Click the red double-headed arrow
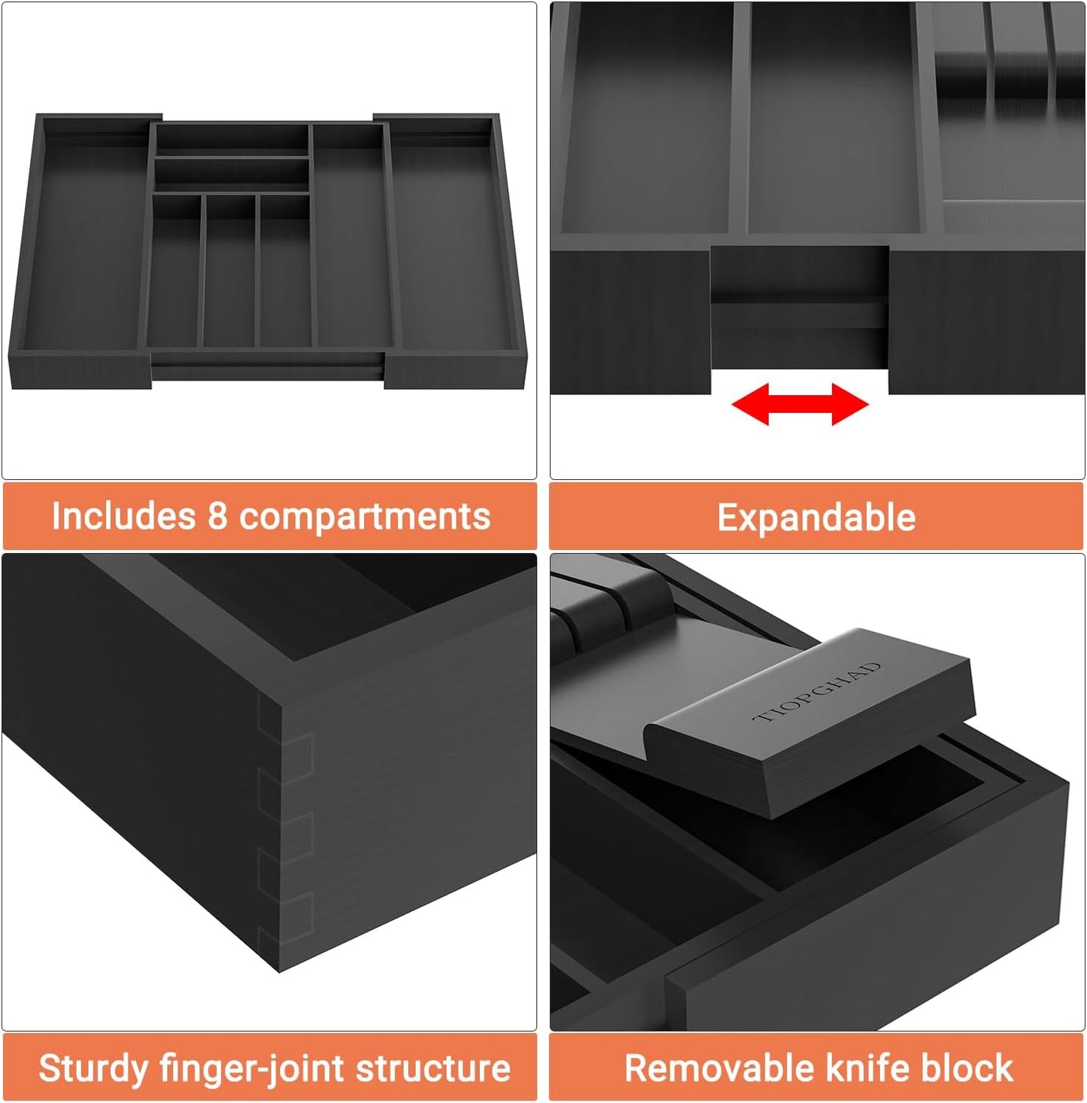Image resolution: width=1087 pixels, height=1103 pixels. pyautogui.click(x=800, y=404)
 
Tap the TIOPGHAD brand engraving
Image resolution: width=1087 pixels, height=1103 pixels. pyautogui.click(x=817, y=692)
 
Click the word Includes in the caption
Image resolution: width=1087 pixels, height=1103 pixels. pyautogui.click(x=123, y=517)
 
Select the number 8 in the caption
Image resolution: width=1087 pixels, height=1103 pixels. pyautogui.click(x=217, y=517)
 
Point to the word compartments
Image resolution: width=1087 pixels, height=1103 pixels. pyautogui.click(x=365, y=518)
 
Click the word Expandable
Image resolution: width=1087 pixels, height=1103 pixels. pyautogui.click(x=816, y=518)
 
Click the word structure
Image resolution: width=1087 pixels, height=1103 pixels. pyautogui.click(x=433, y=1068)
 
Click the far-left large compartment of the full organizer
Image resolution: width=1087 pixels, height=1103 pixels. pyautogui.click(x=84, y=241)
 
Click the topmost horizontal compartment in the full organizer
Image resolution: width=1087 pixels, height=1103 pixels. pyautogui.click(x=232, y=139)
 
